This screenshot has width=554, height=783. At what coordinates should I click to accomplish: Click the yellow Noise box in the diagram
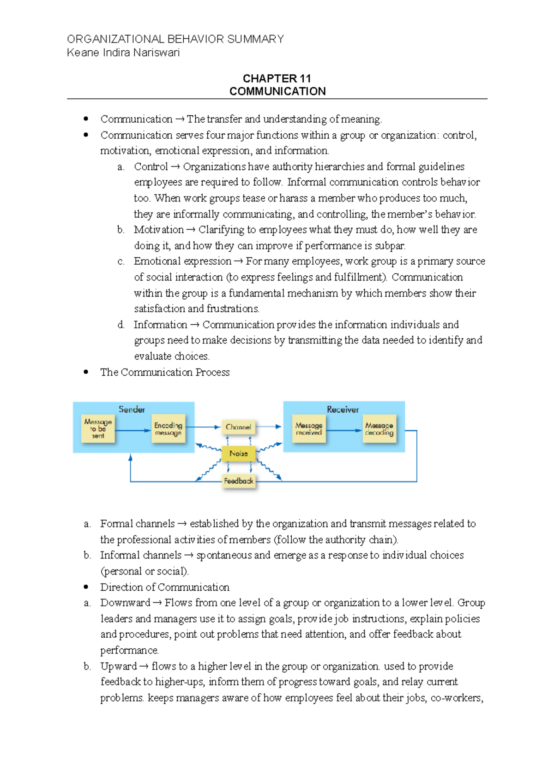(x=238, y=454)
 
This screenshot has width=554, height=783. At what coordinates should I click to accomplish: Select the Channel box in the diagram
(x=238, y=427)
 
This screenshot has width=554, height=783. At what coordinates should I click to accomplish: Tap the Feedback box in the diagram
(x=238, y=481)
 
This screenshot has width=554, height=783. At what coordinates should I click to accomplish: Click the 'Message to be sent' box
(x=98, y=429)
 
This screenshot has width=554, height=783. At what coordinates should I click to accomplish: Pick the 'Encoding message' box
(x=168, y=429)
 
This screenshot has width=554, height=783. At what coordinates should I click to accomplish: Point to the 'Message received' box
(x=309, y=429)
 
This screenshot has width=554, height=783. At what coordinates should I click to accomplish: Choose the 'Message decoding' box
(x=379, y=429)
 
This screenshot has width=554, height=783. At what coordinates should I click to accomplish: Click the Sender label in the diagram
(x=132, y=409)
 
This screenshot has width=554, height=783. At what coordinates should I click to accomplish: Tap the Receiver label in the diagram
(x=343, y=409)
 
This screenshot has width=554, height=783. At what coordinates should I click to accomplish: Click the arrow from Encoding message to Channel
(x=203, y=427)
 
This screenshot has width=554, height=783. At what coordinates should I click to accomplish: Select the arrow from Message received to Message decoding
(x=344, y=430)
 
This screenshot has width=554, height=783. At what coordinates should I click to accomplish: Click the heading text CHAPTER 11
(x=277, y=78)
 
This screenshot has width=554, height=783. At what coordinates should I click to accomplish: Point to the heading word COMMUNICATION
(x=277, y=91)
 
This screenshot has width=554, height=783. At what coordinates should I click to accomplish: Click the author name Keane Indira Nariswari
(x=123, y=53)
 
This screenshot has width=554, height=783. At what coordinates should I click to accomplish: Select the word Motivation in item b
(x=158, y=230)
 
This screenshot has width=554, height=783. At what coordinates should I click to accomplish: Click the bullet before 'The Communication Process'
(x=86, y=372)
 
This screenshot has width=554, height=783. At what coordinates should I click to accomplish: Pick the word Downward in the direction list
(x=125, y=603)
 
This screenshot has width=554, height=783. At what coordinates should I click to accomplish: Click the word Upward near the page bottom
(x=119, y=666)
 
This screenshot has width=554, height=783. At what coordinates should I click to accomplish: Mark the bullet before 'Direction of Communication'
(x=86, y=587)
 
